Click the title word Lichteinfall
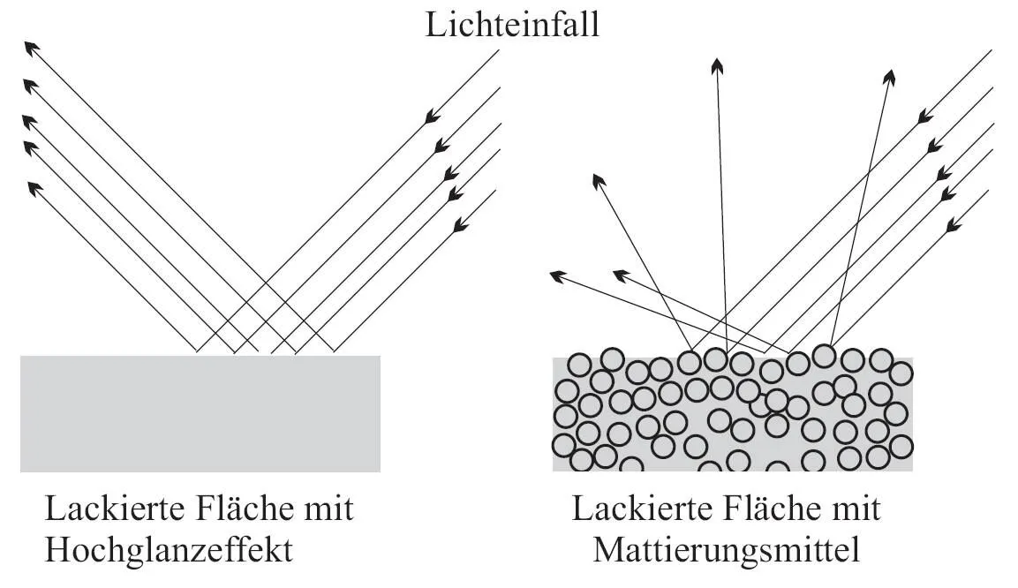(x=512, y=24)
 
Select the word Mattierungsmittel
(x=727, y=550)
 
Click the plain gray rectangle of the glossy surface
(x=200, y=413)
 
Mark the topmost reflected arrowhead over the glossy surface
(x=31, y=47)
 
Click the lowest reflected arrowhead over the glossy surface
(x=35, y=188)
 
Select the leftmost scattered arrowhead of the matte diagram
(x=557, y=276)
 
